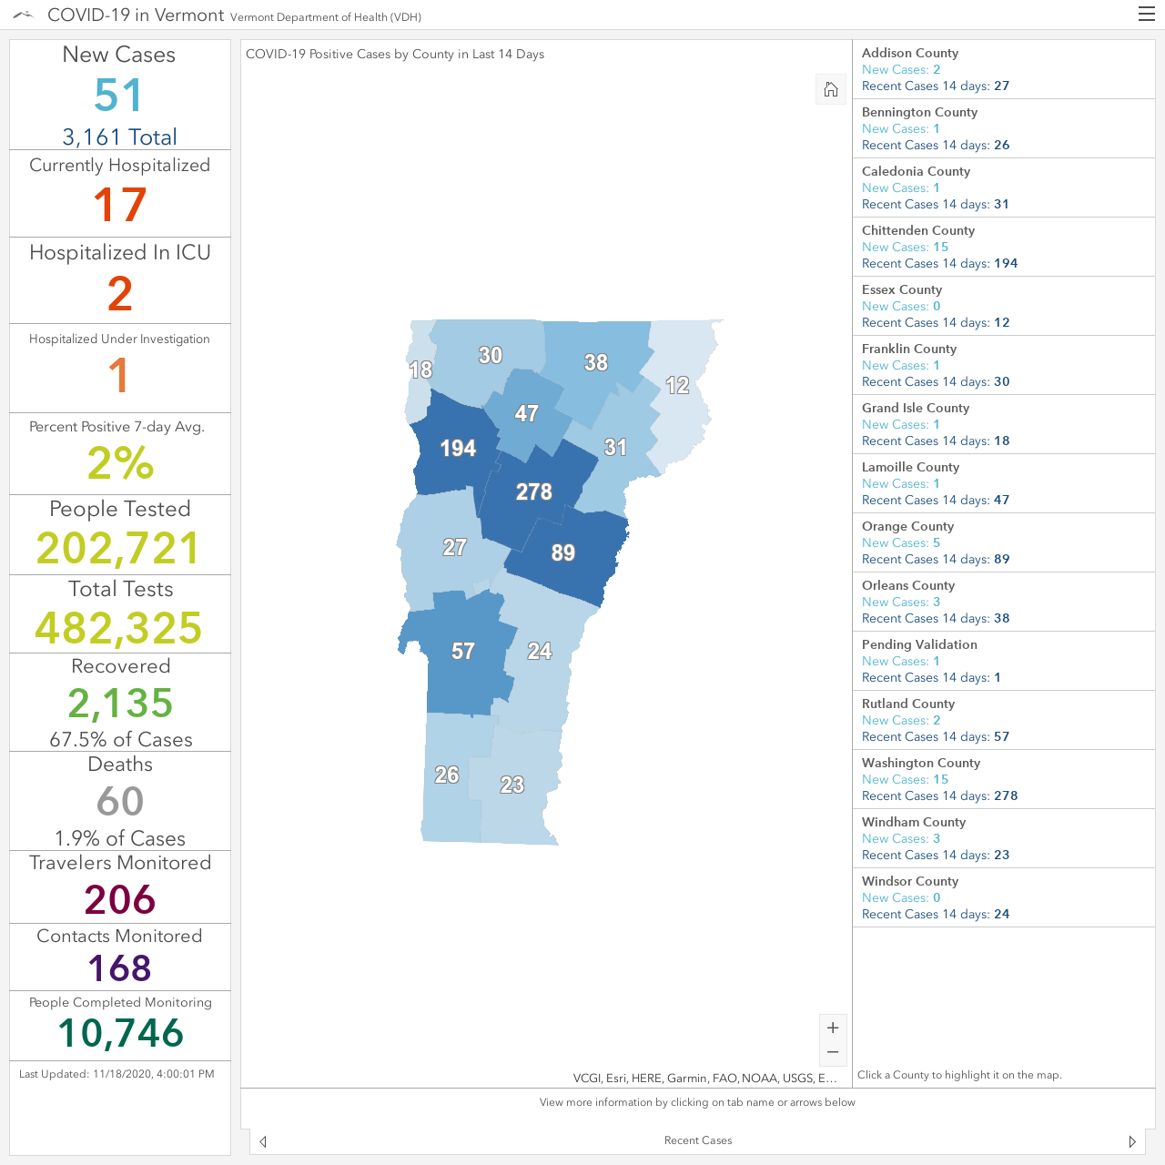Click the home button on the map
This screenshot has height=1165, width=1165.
831,89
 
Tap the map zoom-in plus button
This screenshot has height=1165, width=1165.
833,1028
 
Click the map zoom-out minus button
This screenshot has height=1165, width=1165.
833,1052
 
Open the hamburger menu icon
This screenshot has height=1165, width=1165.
1146,15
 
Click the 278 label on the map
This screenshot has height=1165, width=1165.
534,491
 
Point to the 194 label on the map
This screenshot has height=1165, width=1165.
458,448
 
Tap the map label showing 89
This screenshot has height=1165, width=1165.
562,552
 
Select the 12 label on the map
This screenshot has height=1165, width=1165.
677,385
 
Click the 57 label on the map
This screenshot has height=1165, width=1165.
463,651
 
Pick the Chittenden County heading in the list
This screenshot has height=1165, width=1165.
917,230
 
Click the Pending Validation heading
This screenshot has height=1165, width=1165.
919,644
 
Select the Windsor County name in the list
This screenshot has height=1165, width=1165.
910,881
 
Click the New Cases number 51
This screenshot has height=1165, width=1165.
118,95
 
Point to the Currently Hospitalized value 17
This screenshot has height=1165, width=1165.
120,205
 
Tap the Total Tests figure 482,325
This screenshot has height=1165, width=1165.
118,627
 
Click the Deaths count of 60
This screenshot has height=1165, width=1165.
120,801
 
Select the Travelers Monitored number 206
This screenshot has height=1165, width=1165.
120,899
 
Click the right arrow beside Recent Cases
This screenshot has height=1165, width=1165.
1132,1141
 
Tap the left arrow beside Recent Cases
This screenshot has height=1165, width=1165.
263,1141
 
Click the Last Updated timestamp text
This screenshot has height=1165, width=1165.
116,1074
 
